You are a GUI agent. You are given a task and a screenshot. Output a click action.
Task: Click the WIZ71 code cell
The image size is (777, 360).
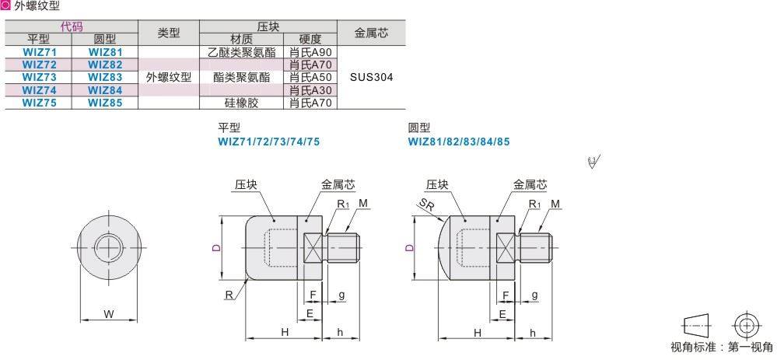(38, 51)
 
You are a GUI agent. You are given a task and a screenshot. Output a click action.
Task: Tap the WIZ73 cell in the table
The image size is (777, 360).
(38, 76)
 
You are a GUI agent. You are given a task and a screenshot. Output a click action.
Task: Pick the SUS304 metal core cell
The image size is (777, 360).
(372, 77)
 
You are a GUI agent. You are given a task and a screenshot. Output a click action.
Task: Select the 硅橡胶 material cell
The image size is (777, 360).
(241, 102)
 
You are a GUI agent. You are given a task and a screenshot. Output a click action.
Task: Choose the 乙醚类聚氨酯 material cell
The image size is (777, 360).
(241, 51)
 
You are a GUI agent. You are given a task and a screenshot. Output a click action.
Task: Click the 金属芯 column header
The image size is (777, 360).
(372, 33)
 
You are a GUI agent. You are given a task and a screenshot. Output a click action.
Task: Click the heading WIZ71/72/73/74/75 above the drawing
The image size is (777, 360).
(268, 142)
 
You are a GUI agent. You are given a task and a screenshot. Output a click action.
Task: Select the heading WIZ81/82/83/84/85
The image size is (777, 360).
(459, 142)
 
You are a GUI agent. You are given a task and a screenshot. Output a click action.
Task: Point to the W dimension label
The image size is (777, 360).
(109, 315)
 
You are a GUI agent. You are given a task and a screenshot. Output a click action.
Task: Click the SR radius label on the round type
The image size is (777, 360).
(425, 204)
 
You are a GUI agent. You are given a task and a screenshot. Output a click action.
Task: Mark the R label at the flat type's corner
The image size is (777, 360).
(230, 294)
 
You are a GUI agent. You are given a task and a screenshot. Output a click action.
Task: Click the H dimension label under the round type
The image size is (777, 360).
(478, 332)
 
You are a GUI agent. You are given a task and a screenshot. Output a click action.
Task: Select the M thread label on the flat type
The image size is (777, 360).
(363, 204)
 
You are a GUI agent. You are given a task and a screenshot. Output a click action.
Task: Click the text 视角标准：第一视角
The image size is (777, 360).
(722, 348)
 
